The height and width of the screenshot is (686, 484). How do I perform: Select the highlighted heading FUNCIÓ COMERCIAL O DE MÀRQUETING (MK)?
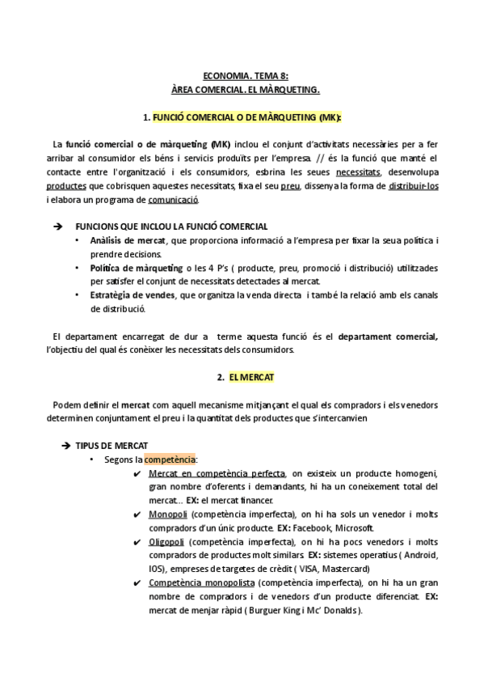point(247,117)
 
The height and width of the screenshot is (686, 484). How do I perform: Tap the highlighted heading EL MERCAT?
point(247,378)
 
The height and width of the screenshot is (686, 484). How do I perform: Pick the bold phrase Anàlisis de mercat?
point(128,241)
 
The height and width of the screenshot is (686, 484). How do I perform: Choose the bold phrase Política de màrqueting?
point(132,269)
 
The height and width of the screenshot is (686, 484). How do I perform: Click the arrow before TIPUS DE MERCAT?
point(66,447)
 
